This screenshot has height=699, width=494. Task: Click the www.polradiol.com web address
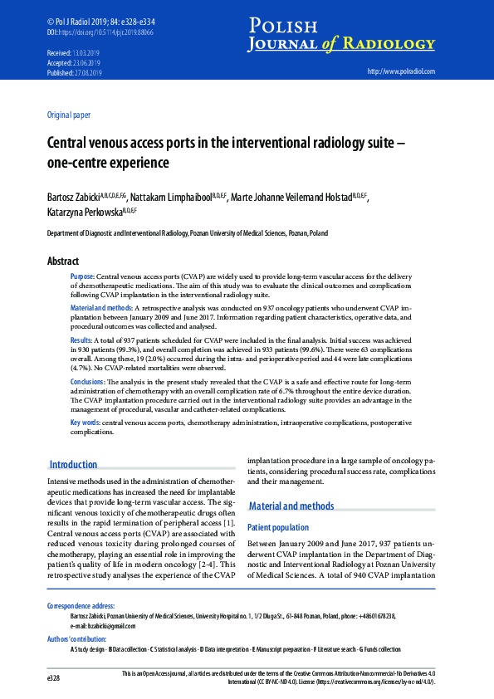401,72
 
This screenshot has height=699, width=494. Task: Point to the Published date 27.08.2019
86,72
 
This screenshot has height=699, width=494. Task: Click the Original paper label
69,115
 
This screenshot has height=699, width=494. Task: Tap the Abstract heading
63,261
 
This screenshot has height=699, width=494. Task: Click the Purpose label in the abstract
82,276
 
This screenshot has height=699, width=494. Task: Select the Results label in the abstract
81,340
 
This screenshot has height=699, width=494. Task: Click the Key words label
85,423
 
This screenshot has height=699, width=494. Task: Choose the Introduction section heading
73,465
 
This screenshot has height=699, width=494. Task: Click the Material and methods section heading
291,506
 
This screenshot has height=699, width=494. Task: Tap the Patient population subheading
278,527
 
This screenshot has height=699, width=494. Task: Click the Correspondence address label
81,606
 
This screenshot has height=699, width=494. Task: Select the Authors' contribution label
76,639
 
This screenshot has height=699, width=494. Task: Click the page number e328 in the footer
54,678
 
